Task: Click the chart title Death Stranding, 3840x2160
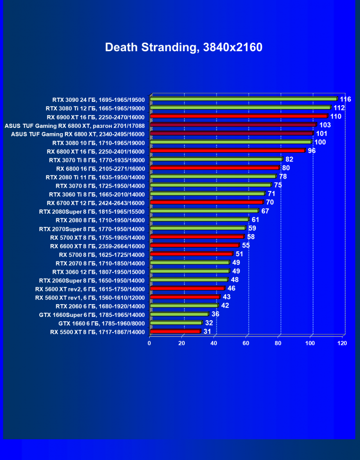pyautogui.click(x=183, y=47)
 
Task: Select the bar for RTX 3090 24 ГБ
pyautogui.click(x=244, y=99)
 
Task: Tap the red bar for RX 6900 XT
pyautogui.click(x=239, y=116)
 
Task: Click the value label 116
pyautogui.click(x=345, y=99)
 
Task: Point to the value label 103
pyautogui.click(x=325, y=125)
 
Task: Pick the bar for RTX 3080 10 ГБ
pyautogui.click(x=231, y=142)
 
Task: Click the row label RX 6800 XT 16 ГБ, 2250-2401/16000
pyautogui.click(x=96, y=151)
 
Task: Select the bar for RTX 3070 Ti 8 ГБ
pyautogui.click(x=216, y=160)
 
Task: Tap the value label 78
pyautogui.click(x=283, y=177)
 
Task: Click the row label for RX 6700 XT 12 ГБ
pyautogui.click(x=96, y=203)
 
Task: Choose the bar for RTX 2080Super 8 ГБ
pyautogui.click(x=204, y=211)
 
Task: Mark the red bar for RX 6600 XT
pyautogui.click(x=195, y=246)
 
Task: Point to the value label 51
pyautogui.click(x=239, y=254)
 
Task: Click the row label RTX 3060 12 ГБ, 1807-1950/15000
pyautogui.click(x=99, y=272)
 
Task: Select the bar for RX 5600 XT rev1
pyautogui.click(x=185, y=298)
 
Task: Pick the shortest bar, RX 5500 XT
pyautogui.click(x=175, y=332)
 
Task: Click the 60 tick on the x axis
pyautogui.click(x=246, y=343)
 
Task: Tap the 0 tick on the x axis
pyautogui.click(x=150, y=343)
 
